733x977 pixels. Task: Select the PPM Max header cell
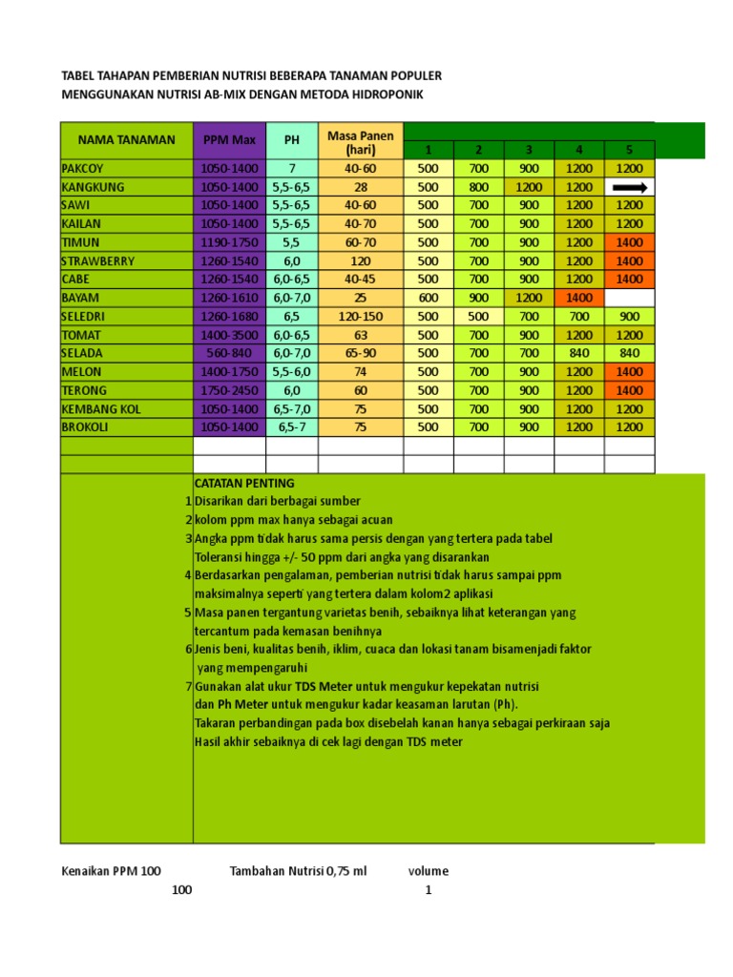[229, 140]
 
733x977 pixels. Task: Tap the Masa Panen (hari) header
[360, 141]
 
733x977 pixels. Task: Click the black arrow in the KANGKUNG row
[629, 187]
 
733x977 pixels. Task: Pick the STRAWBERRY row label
[98, 260]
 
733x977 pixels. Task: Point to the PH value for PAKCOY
[291, 169]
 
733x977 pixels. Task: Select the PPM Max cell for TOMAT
[229, 335]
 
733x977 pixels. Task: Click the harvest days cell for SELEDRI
[360, 316]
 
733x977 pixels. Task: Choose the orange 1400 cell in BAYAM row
[578, 298]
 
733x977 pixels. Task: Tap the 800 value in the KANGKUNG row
[479, 187]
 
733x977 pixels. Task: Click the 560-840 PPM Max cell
[229, 353]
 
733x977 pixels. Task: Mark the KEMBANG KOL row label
[101, 408]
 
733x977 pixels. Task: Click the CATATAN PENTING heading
[244, 483]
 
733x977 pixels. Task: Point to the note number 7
[189, 686]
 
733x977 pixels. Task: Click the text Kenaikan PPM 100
[111, 871]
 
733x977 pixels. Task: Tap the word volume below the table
[428, 871]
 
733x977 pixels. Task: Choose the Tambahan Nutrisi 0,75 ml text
[298, 871]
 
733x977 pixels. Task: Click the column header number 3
[529, 150]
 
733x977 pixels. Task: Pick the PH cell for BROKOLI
[291, 427]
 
